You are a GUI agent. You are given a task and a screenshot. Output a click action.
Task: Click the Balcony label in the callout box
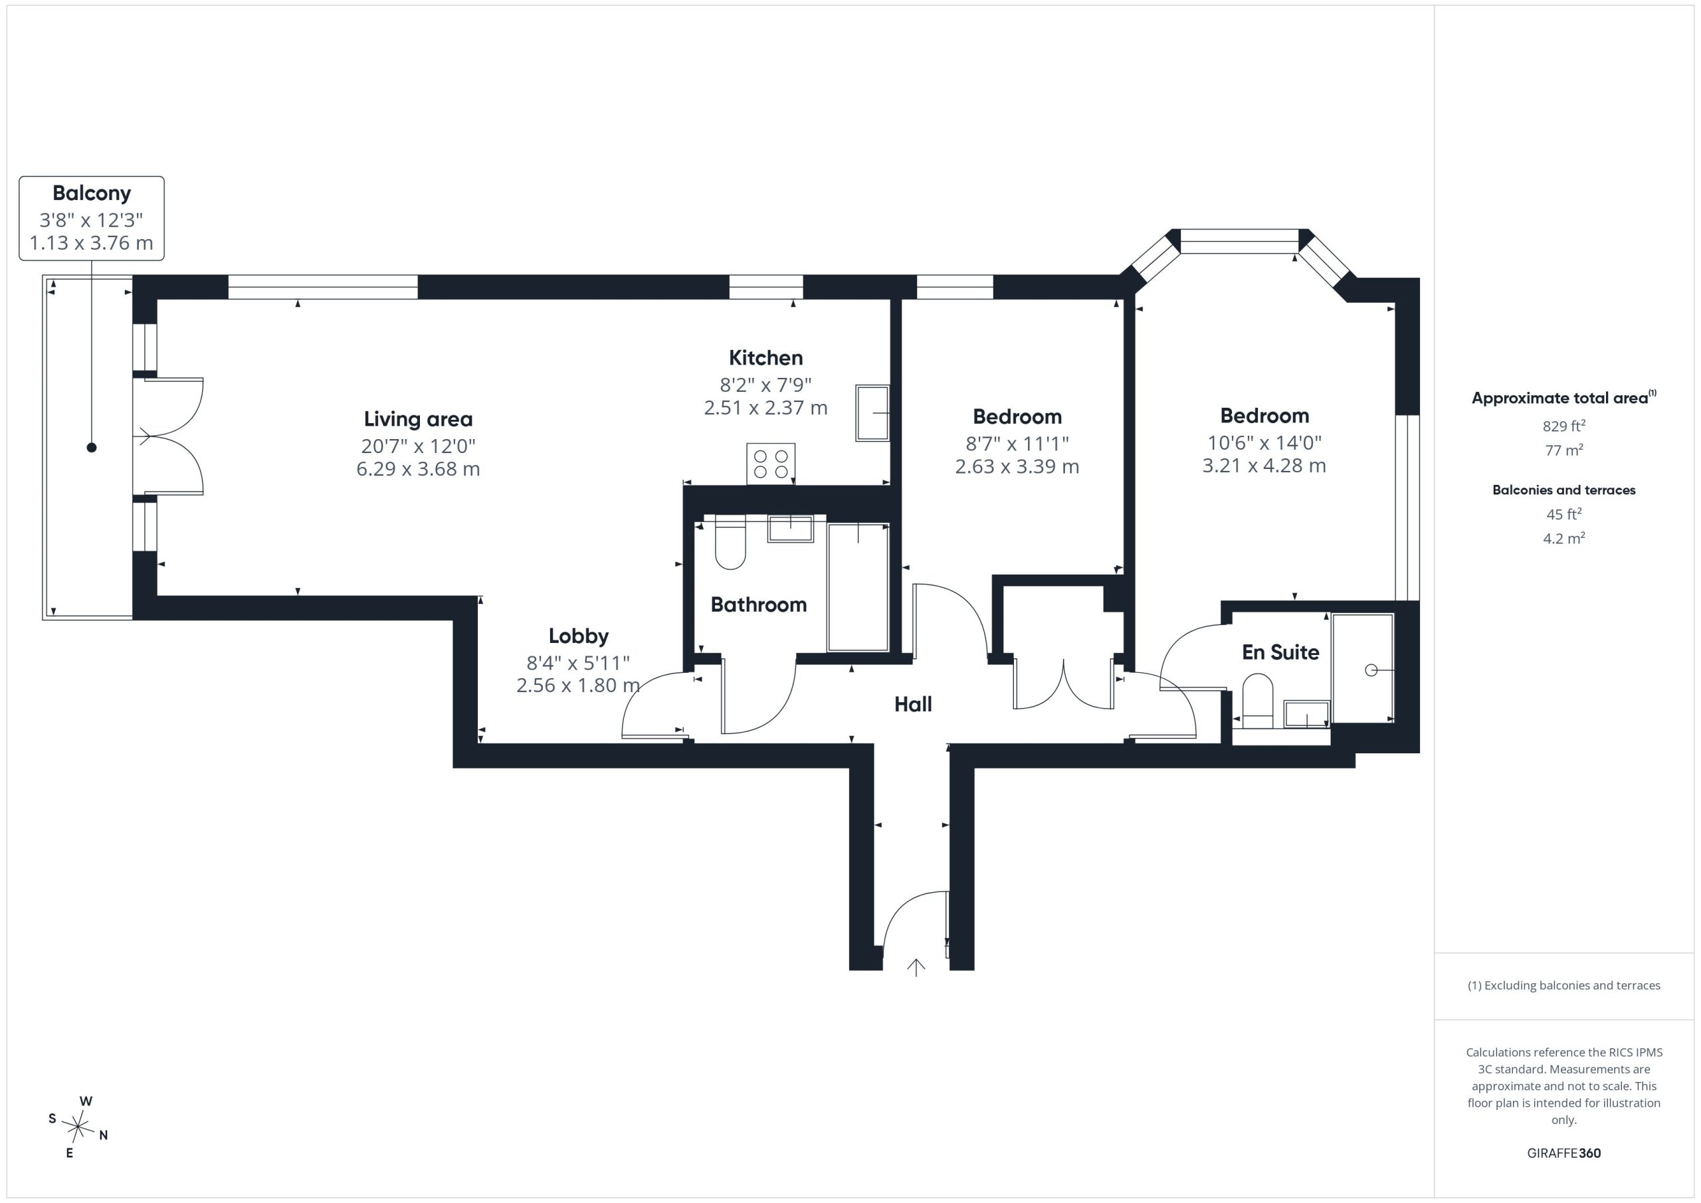point(92,193)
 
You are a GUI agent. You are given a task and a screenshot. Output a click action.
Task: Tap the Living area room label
point(418,419)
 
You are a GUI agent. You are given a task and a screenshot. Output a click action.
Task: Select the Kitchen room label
point(766,358)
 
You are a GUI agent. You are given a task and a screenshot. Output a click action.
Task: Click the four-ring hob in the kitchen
point(771,464)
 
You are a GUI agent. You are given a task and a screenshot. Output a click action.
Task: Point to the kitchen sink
point(872,413)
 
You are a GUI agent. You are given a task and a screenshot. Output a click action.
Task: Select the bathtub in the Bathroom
point(858,587)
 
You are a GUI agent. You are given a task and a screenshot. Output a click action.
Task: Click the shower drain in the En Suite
point(1371,670)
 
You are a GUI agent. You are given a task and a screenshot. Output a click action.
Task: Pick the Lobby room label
point(579,636)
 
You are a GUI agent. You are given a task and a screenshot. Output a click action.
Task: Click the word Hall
point(913,705)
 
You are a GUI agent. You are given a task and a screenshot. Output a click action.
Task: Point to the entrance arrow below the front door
point(916,967)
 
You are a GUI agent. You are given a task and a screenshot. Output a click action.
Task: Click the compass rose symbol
point(78,1127)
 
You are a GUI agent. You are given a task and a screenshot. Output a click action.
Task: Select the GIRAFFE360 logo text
point(1564,1153)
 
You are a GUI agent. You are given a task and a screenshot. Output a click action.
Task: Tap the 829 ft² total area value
point(1564,426)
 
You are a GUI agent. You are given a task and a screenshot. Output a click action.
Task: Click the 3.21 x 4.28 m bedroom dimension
point(1264,466)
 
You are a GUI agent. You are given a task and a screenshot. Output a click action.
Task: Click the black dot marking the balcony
point(92,448)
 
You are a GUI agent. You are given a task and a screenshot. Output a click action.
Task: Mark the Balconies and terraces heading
point(1564,490)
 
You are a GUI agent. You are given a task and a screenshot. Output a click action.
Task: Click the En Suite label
point(1280,652)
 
